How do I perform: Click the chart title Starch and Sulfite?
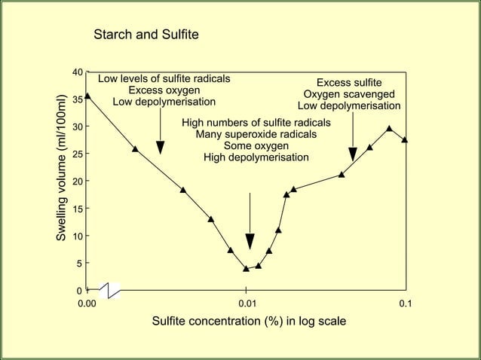point(146,35)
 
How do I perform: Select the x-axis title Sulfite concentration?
point(249,322)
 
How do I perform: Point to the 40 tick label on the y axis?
point(77,72)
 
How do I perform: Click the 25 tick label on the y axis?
point(77,154)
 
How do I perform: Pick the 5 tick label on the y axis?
point(79,264)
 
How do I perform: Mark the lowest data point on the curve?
point(246,268)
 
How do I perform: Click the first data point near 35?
point(87,96)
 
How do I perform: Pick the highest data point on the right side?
point(389,128)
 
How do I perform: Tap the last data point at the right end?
point(405,139)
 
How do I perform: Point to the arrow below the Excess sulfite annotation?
point(353,146)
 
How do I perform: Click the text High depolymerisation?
point(256,157)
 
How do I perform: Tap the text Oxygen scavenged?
point(349,94)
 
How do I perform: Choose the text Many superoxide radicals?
point(256,135)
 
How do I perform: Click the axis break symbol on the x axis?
point(109,290)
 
